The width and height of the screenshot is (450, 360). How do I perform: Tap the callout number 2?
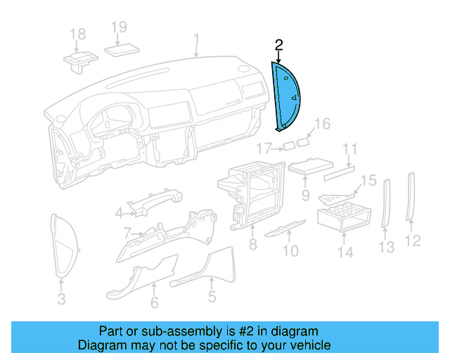pyautogui.click(x=279, y=46)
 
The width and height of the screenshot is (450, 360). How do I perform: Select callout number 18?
pyautogui.click(x=78, y=34)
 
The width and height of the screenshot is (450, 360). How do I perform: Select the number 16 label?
pyautogui.click(x=321, y=125)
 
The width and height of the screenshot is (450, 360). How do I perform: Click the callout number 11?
pyautogui.click(x=350, y=149)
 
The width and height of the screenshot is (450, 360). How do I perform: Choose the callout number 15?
pyautogui.click(x=369, y=181)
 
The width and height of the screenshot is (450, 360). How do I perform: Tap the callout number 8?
pyautogui.click(x=252, y=245)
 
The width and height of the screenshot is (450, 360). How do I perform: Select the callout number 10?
pyautogui.click(x=290, y=250)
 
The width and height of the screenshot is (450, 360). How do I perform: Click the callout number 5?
pyautogui.click(x=212, y=298)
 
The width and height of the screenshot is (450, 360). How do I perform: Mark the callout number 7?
pyautogui.click(x=127, y=232)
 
